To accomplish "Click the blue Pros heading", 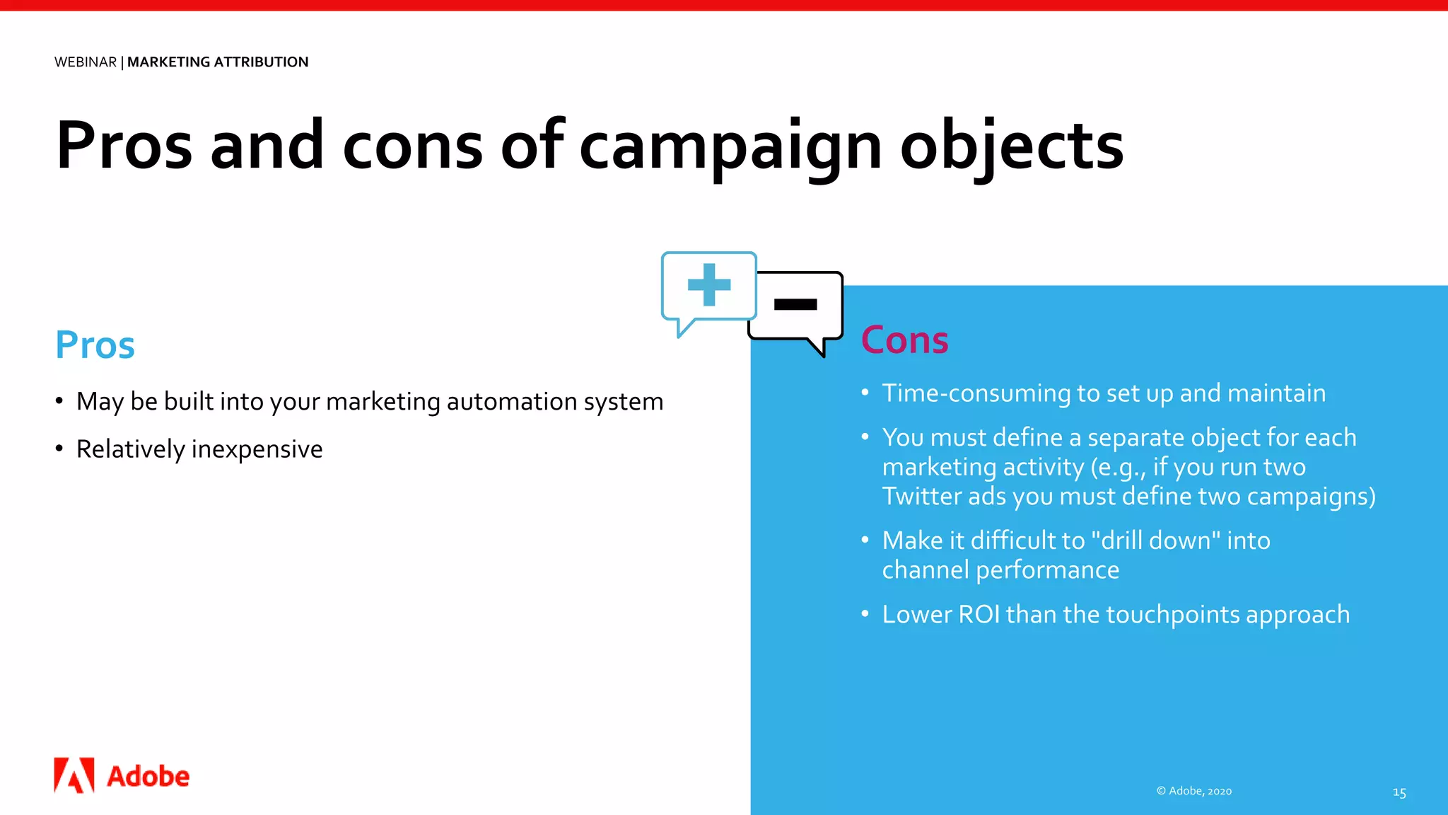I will (x=95, y=345).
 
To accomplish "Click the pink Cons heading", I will (x=904, y=340).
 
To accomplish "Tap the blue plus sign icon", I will (x=708, y=284).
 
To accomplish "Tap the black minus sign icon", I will (x=795, y=305).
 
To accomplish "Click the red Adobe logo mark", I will (x=74, y=775).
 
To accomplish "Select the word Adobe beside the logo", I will (x=148, y=777).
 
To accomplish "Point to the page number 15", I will (x=1399, y=792).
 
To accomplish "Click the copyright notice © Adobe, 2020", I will (x=1194, y=791).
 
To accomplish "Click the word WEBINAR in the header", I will (x=86, y=62).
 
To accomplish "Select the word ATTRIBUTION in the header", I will (x=261, y=62).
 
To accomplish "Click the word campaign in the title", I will (x=730, y=147).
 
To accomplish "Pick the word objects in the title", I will (x=1012, y=147).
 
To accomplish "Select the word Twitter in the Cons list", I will (x=921, y=496).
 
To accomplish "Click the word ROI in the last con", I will (x=979, y=614).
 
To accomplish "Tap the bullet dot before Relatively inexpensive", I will (x=59, y=449).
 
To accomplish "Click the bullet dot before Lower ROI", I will (x=865, y=613).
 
